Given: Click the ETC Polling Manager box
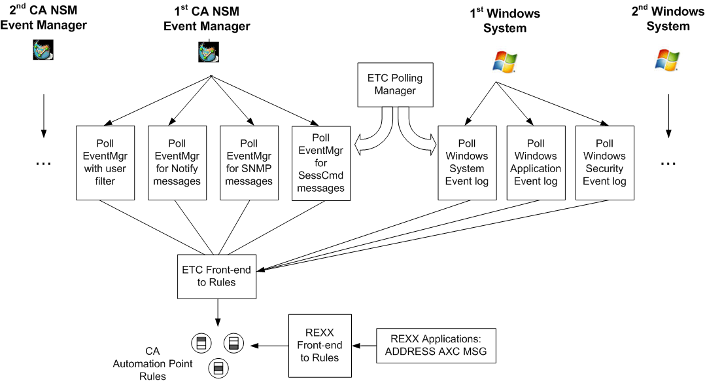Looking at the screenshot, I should pos(395,85).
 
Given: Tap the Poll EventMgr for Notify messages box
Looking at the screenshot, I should pos(177,162).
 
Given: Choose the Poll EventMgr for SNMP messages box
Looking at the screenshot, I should pos(249,162).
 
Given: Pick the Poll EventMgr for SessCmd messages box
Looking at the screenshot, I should pos(320,162).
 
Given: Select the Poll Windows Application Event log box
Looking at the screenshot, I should pos(536,162).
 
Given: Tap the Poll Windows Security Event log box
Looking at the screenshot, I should pos(604,162).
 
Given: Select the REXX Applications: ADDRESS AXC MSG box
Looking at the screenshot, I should pos(436,346).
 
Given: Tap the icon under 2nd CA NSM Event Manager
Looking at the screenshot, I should pos(44,50).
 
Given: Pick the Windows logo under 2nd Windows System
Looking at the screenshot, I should pos(667,61).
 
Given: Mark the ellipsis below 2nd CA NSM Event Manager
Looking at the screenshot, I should pos(43,162).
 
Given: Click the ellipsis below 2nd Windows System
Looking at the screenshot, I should pos(667,162).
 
